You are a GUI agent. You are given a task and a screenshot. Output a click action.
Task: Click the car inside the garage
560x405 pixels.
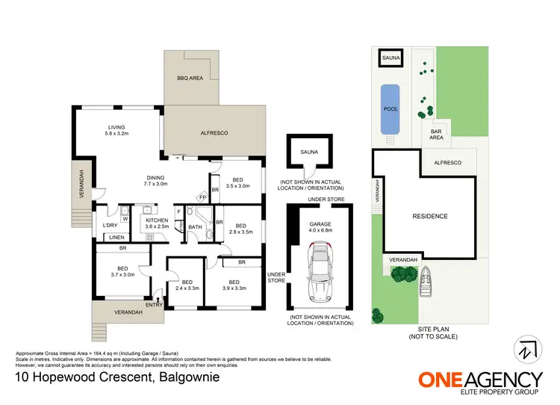(322, 274)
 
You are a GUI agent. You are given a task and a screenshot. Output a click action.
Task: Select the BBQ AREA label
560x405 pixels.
(189, 78)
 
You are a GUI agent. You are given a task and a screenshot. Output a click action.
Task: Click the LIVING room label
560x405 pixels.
(117, 128)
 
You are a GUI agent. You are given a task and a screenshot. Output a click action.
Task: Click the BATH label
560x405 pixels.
(195, 227)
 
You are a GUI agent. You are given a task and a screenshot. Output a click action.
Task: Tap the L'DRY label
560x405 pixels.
(109, 225)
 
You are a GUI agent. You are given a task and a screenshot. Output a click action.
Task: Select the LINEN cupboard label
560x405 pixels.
(116, 238)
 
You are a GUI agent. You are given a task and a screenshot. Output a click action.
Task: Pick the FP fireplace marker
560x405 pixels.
(202, 197)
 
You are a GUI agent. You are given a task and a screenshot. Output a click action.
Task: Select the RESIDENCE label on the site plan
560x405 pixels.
(430, 217)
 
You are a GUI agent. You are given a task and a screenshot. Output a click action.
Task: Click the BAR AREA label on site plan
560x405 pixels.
(438, 135)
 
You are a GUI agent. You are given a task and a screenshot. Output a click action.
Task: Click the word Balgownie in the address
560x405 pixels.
(197, 377)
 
